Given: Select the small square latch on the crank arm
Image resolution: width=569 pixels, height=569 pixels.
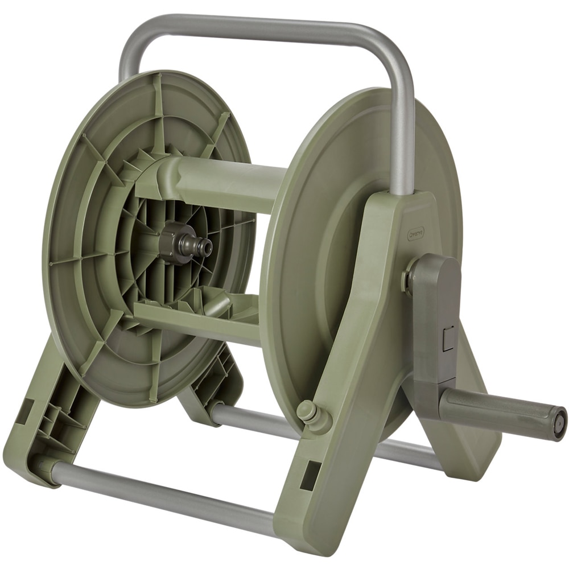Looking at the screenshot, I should (x=448, y=338).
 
